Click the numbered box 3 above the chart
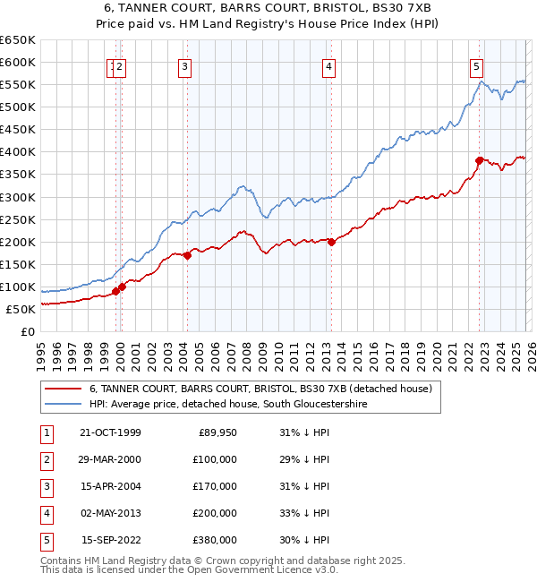[x=183, y=65]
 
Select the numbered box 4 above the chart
[x=329, y=65]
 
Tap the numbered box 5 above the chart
[x=476, y=65]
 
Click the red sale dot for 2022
[x=479, y=160]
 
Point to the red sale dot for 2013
[x=331, y=241]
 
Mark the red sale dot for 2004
[x=188, y=255]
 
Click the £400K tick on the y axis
[x=18, y=151]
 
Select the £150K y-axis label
[x=18, y=264]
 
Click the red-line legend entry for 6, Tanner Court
[x=260, y=389]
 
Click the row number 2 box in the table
[x=45, y=459]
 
